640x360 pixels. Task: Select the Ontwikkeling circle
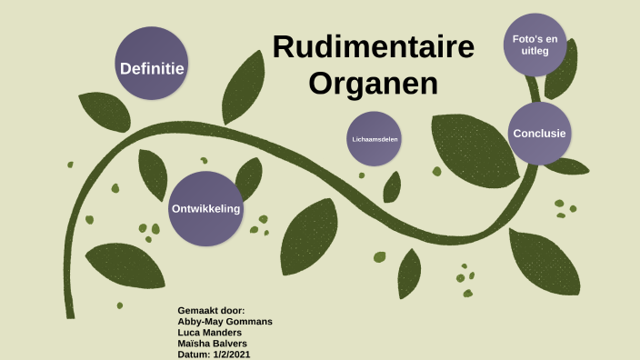[x=206, y=208]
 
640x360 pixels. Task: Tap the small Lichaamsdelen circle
[x=375, y=139]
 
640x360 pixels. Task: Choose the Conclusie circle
[x=539, y=134]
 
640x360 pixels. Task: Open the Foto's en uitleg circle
[x=535, y=45]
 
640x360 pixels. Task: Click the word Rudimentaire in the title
[x=373, y=47]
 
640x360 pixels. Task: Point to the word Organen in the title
[x=373, y=83]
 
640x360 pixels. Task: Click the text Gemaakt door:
[x=211, y=311]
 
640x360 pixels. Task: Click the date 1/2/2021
[x=232, y=355]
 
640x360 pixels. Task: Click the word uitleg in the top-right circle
[x=535, y=52]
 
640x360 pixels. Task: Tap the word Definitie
[x=152, y=68]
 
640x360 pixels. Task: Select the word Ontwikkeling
[x=206, y=209]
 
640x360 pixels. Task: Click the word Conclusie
[x=539, y=134]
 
